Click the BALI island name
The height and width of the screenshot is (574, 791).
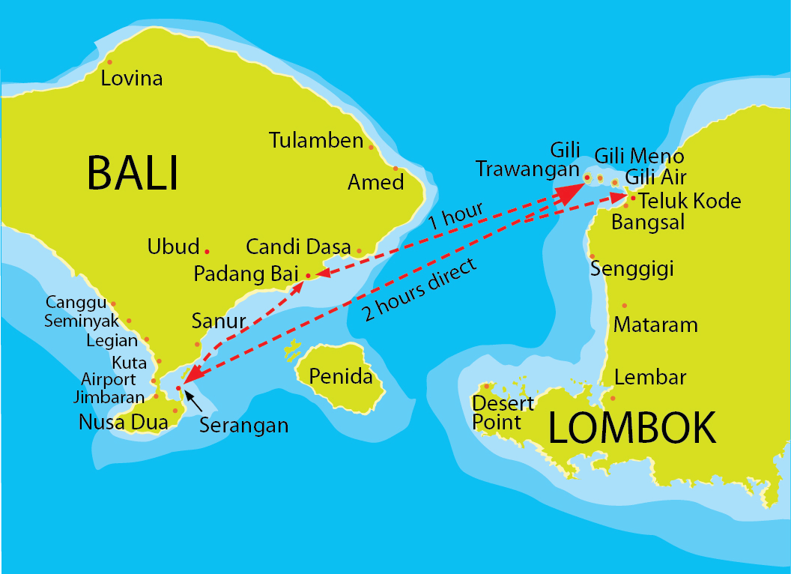point(133,173)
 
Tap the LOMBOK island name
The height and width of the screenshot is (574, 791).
point(632,429)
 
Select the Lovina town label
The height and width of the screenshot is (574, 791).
point(132,78)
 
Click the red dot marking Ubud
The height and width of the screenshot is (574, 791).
point(207,250)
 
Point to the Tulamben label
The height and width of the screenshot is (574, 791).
point(316,140)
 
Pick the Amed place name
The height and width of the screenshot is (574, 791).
point(375,182)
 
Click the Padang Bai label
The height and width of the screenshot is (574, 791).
point(246,274)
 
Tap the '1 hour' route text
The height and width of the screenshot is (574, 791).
point(455,216)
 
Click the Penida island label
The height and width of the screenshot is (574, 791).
point(341,375)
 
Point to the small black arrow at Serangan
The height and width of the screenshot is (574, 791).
point(193,400)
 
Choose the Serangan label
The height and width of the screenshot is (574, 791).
point(243,426)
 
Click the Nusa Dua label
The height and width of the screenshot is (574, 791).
point(124,422)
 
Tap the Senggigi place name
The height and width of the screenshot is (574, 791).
point(632,268)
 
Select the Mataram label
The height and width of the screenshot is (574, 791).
point(655,324)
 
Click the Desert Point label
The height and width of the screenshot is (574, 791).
point(503,412)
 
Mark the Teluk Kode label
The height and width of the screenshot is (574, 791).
point(689,201)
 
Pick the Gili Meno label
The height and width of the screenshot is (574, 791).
point(639,156)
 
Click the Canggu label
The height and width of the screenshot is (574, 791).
point(76,303)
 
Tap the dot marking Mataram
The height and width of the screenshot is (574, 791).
point(625,305)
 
